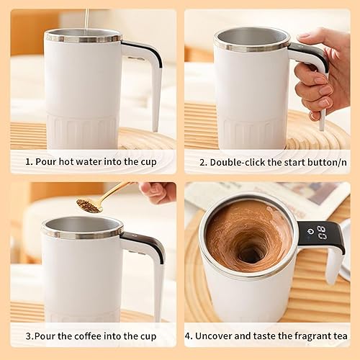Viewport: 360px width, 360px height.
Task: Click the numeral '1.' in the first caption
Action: pos(30,161)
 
